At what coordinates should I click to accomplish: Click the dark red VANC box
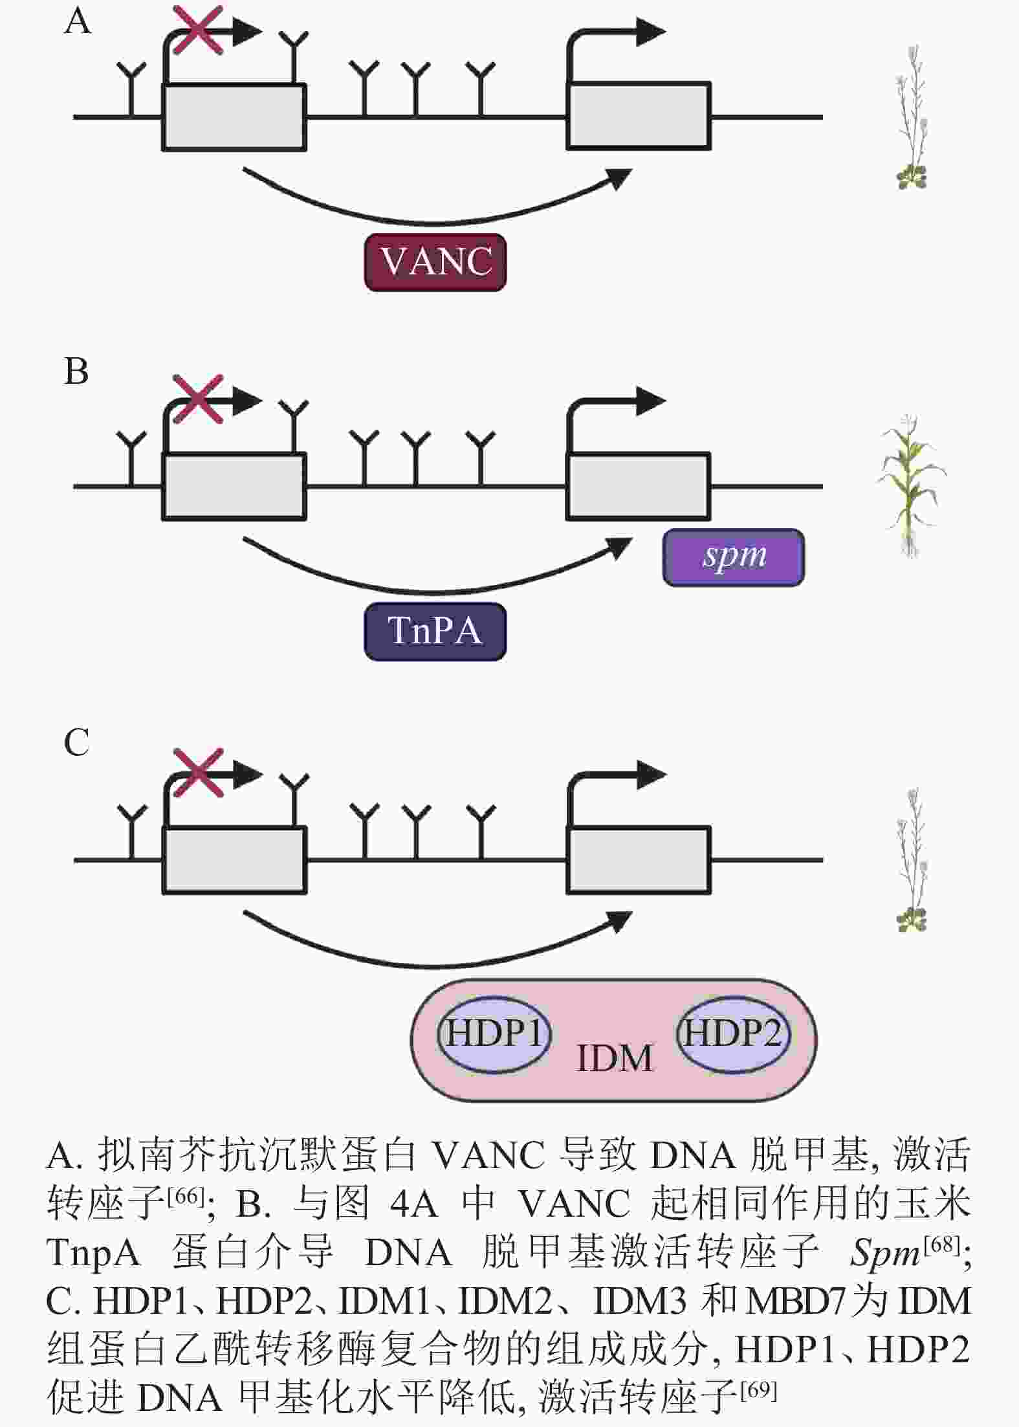click(x=435, y=262)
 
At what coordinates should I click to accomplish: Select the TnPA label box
click(x=435, y=631)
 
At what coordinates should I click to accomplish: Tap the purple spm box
click(x=734, y=557)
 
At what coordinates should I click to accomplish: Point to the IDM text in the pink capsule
click(x=614, y=1059)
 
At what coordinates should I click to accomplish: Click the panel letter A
click(x=78, y=21)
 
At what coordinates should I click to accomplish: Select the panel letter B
click(x=76, y=372)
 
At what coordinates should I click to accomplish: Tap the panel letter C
click(x=76, y=742)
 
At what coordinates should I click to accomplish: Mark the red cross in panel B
click(x=198, y=399)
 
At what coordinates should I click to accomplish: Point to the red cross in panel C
click(x=199, y=773)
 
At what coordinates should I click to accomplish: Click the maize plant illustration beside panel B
click(x=911, y=485)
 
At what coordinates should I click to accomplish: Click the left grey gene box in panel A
click(x=234, y=117)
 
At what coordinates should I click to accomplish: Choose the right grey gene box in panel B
click(x=639, y=487)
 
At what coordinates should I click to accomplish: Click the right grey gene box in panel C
click(x=639, y=860)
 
